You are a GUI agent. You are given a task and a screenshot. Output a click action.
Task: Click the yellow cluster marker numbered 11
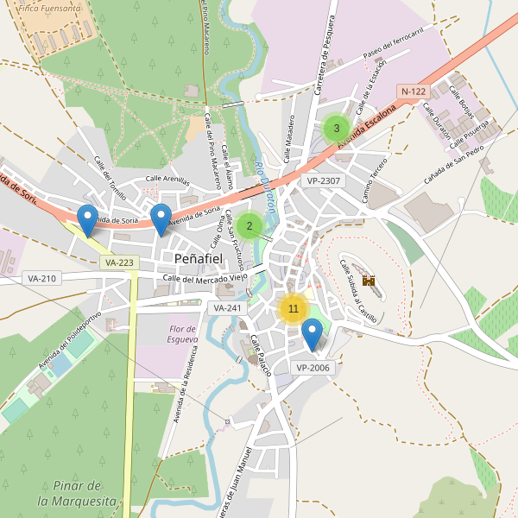pyautogui.click(x=294, y=308)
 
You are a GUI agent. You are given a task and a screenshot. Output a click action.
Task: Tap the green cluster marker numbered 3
pyautogui.click(x=336, y=129)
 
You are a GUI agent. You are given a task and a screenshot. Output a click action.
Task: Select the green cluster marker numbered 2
pyautogui.click(x=250, y=227)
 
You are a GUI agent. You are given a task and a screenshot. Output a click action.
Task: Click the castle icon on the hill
pyautogui.click(x=369, y=281)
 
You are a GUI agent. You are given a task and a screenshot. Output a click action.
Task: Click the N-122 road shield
pyautogui.click(x=414, y=92)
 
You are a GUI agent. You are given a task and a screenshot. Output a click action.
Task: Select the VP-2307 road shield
pyautogui.click(x=324, y=180)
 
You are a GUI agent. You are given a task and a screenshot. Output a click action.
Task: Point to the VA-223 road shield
pyautogui.click(x=118, y=262)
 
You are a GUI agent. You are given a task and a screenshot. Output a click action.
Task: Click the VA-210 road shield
pyautogui.click(x=41, y=278)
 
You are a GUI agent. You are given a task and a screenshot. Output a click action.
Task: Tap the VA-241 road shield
pyautogui.click(x=228, y=307)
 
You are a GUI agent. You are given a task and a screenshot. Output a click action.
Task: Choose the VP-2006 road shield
pyautogui.click(x=313, y=368)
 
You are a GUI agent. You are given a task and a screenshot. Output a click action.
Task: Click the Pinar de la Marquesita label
pyautogui.click(x=77, y=493)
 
